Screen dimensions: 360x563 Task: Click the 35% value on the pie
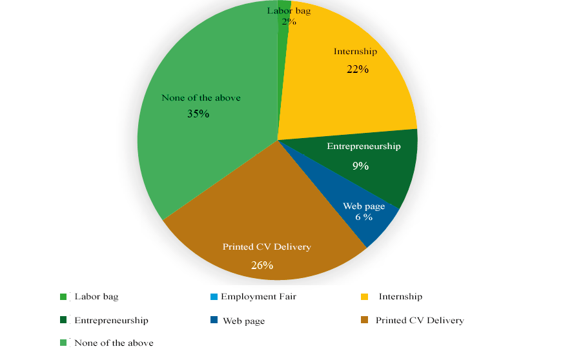(198, 114)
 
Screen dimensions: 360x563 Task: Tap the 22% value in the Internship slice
(356, 69)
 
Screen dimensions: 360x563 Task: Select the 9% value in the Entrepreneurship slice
(360, 166)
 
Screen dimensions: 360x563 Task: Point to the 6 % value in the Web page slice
(363, 217)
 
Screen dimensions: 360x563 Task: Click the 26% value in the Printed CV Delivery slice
(262, 265)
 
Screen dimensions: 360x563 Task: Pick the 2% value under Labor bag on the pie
(289, 21)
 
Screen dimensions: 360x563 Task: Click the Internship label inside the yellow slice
(355, 51)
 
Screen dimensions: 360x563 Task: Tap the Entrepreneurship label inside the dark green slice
(363, 146)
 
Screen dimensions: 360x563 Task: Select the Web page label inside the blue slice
(363, 206)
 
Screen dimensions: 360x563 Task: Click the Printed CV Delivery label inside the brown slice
(267, 247)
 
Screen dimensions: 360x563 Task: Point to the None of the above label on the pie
(201, 98)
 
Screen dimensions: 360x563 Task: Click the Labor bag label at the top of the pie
(289, 11)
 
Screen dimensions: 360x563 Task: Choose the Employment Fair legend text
(258, 297)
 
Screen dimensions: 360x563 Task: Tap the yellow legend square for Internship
(364, 297)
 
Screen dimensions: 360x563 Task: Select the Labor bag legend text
(96, 297)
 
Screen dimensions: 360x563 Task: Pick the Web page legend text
(243, 321)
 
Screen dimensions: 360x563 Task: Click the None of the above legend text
(114, 343)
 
